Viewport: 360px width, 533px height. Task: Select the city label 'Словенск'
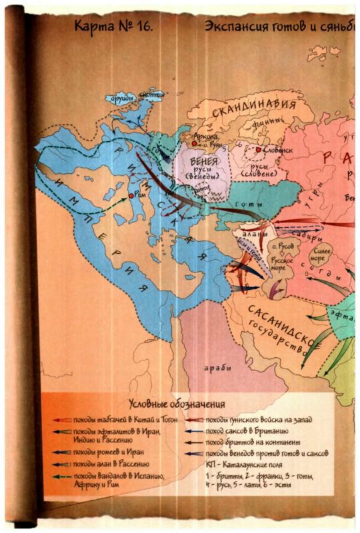279,151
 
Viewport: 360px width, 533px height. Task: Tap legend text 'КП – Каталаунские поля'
258,465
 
